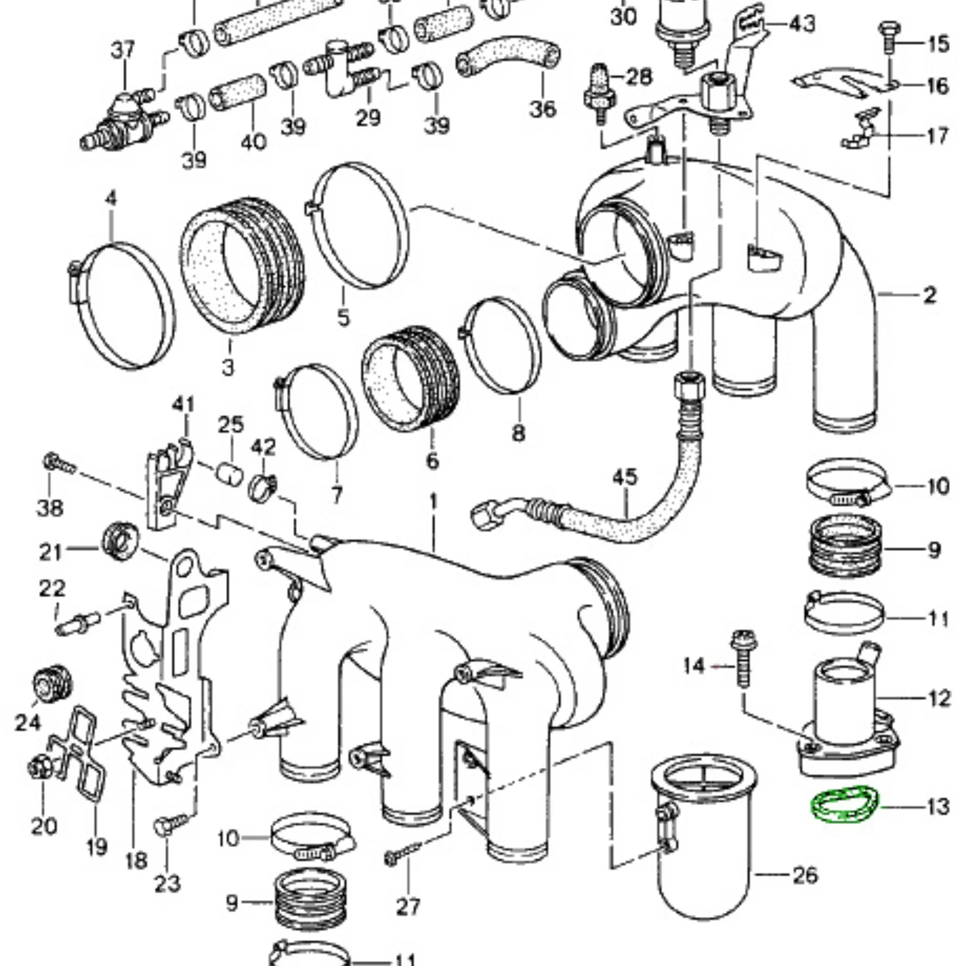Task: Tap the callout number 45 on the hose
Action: click(x=625, y=477)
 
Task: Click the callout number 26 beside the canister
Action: click(x=805, y=874)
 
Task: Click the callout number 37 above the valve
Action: click(x=123, y=50)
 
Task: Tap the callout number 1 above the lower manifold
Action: click(x=433, y=501)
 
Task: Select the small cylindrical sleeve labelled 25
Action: click(x=230, y=474)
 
